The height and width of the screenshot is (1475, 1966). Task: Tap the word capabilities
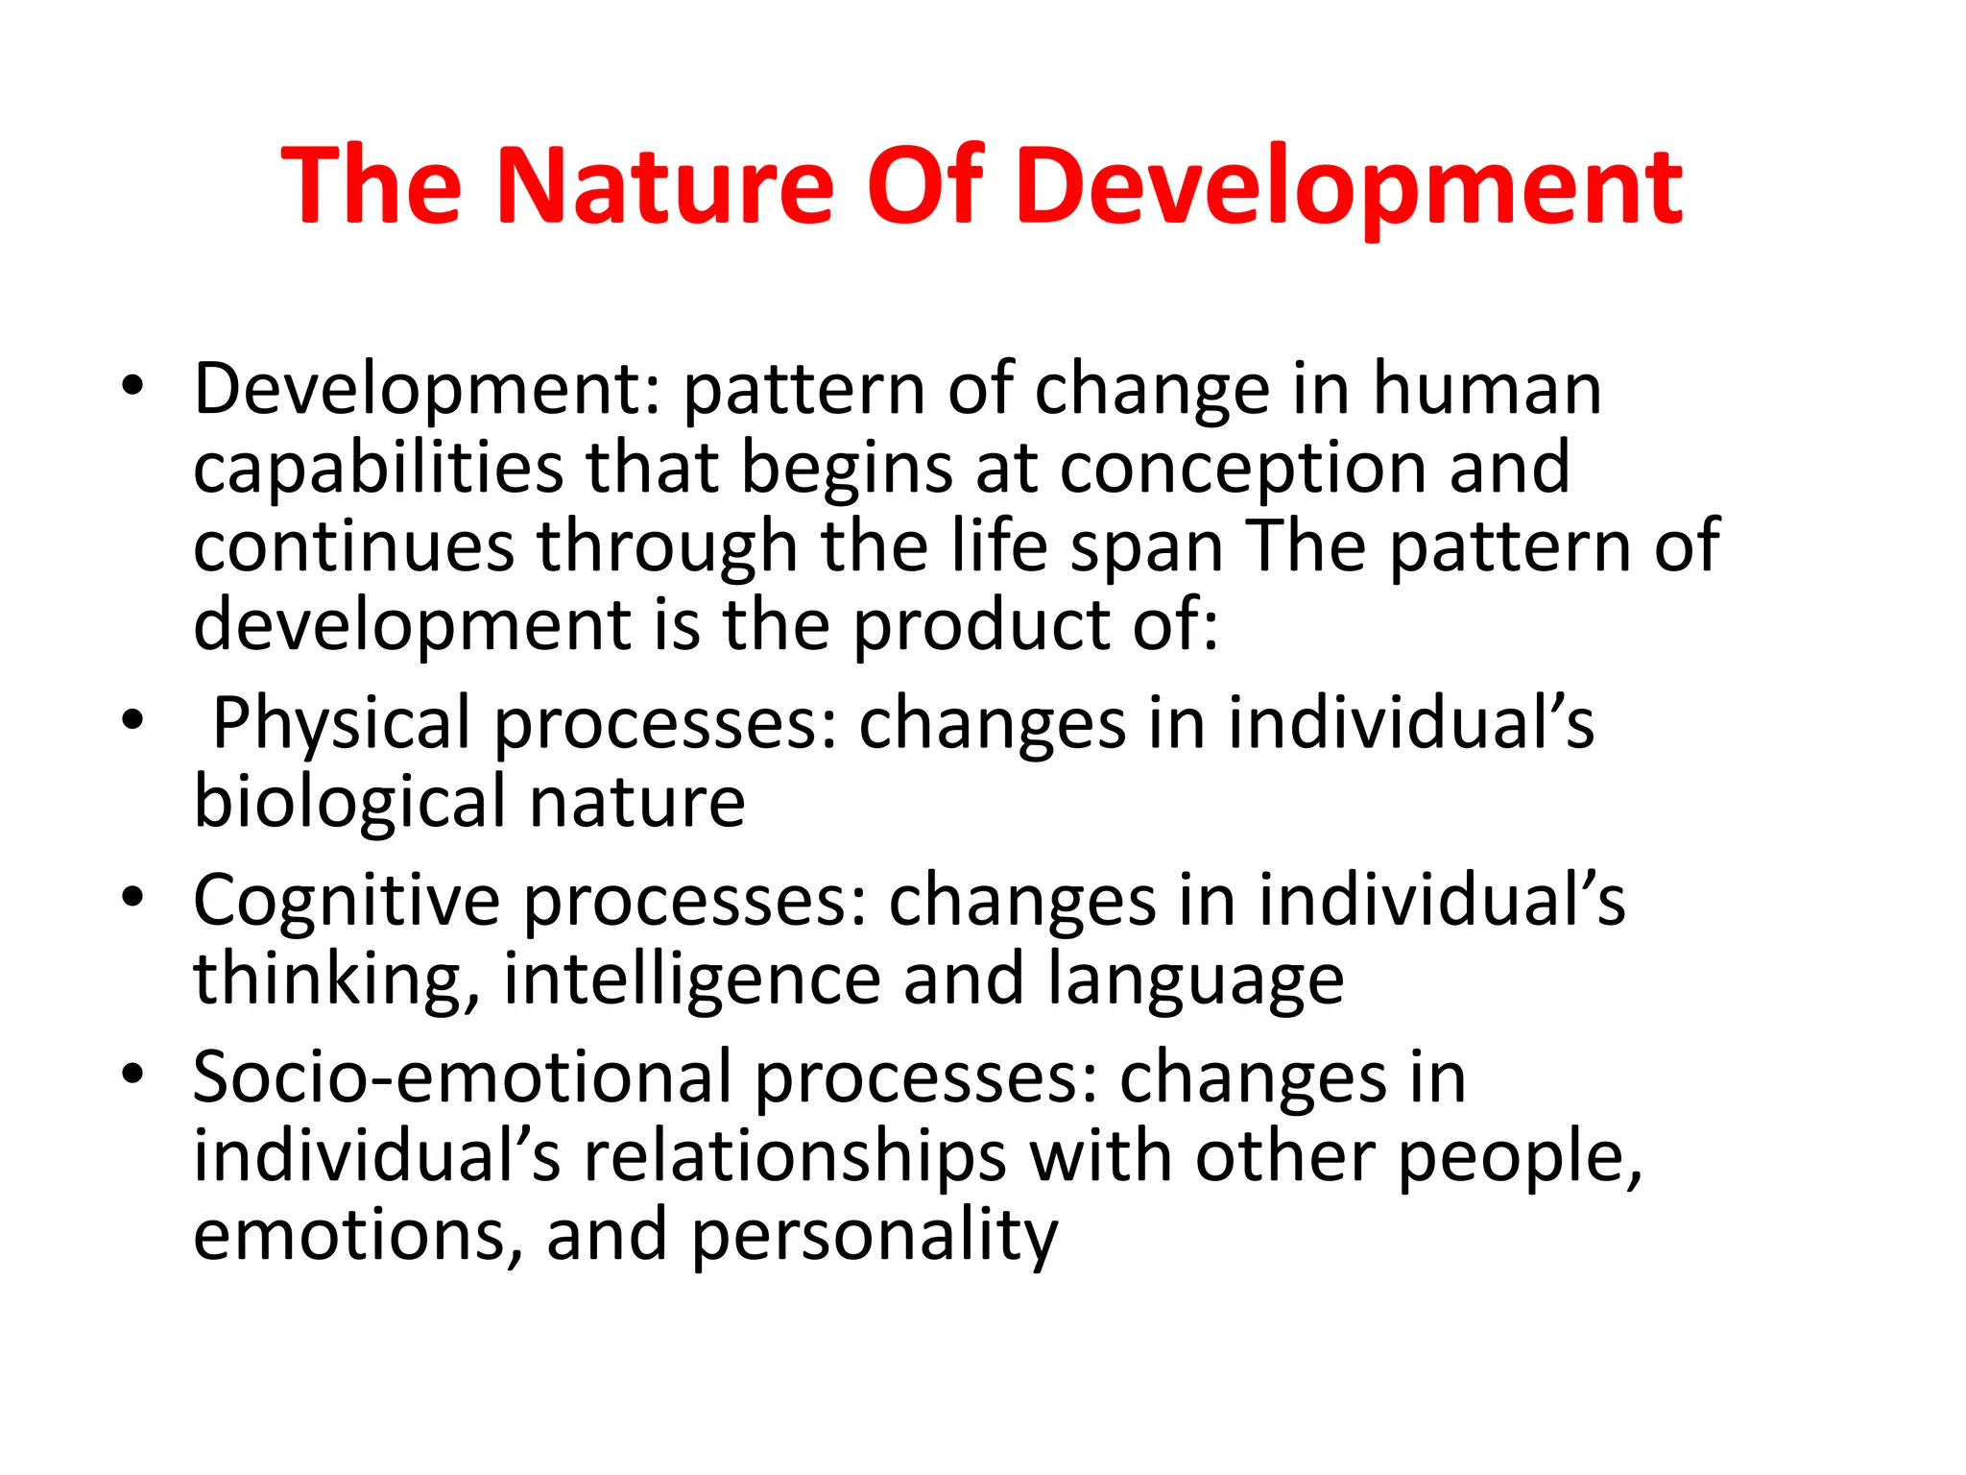(378, 468)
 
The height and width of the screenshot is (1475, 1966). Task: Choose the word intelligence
(691, 980)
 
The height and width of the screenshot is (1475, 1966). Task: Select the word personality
(874, 1237)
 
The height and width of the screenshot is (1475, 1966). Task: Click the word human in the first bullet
(1487, 388)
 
